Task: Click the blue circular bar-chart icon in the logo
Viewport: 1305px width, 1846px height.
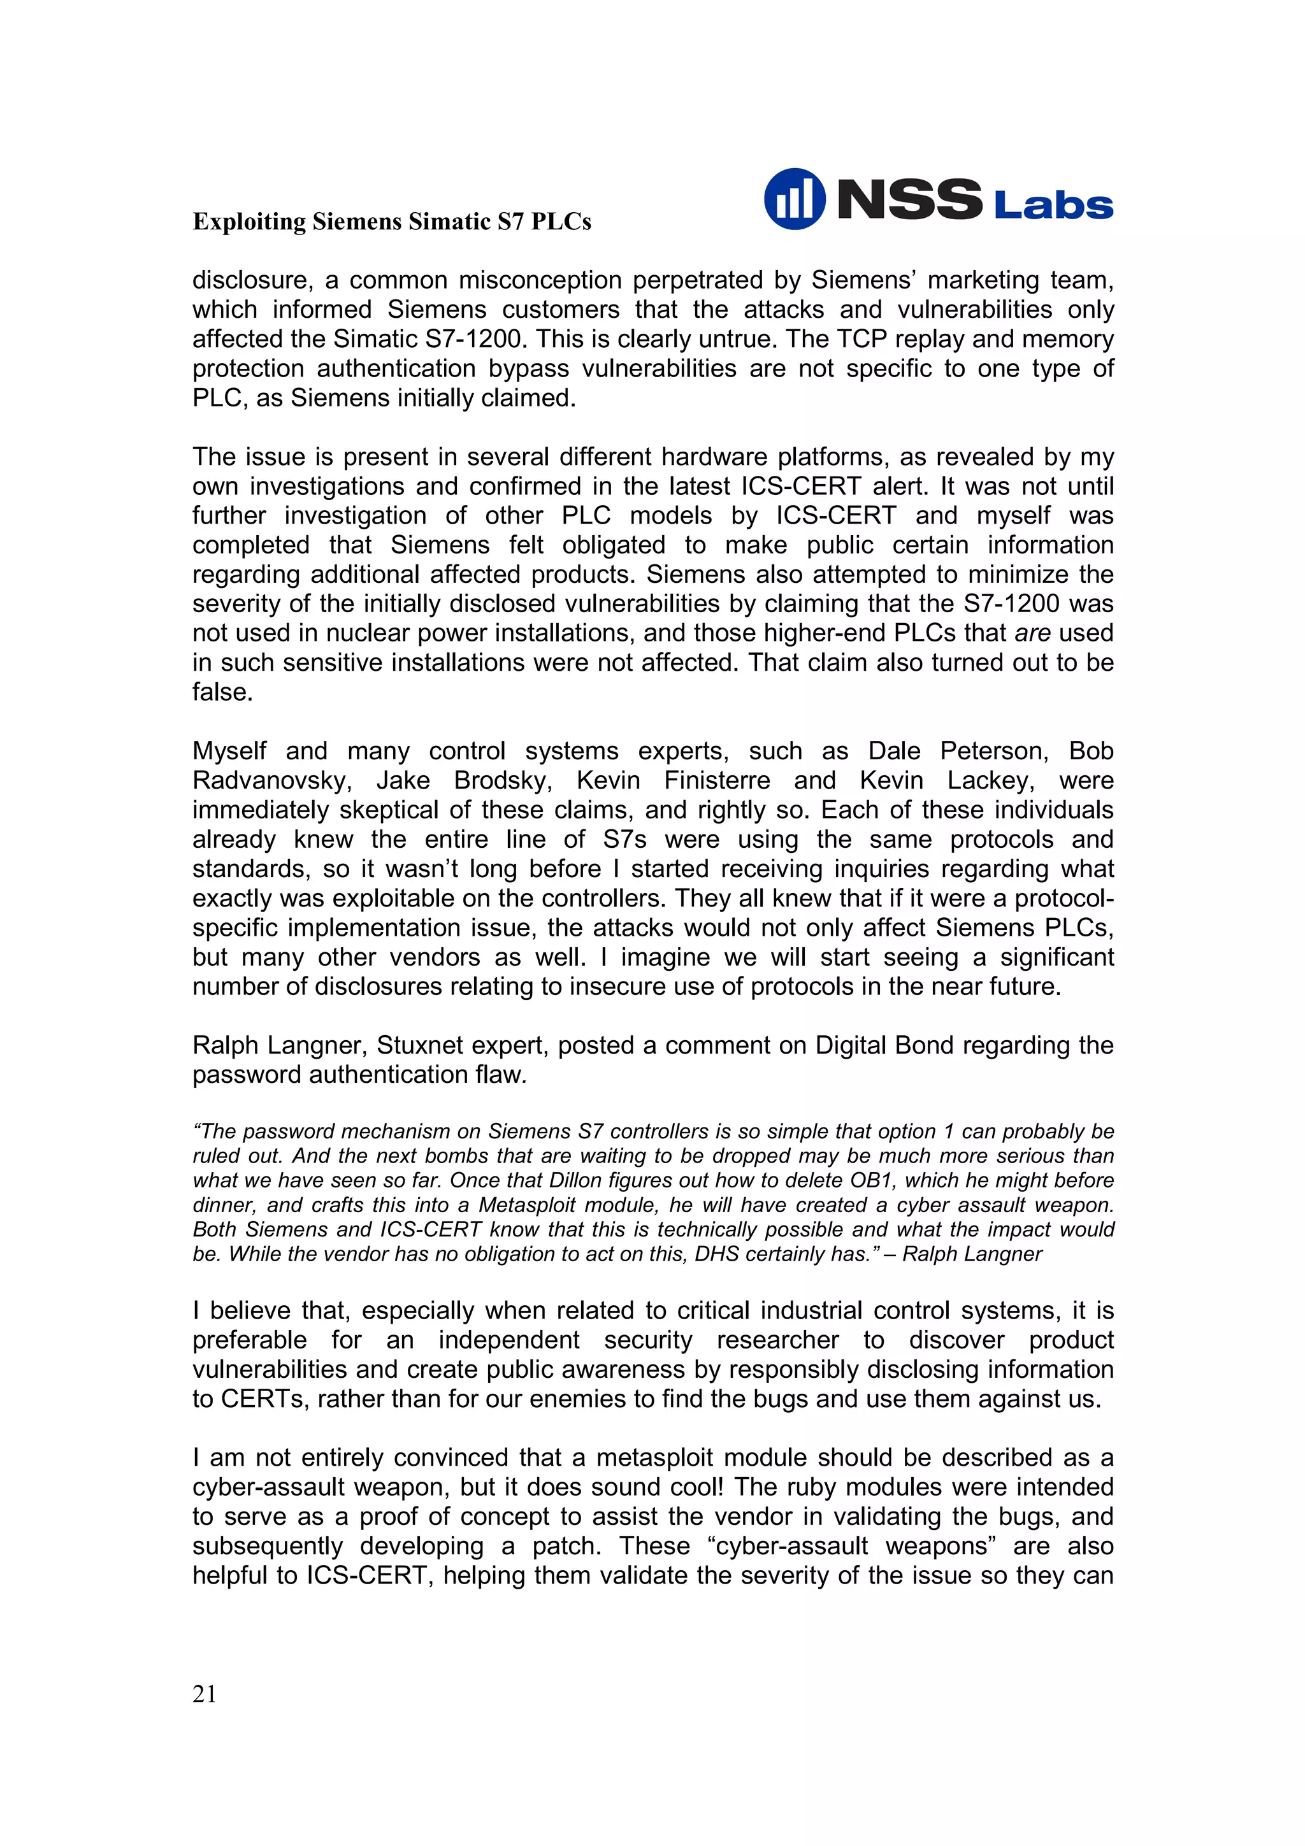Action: pos(793,199)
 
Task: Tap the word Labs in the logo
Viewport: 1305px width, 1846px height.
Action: pos(1053,206)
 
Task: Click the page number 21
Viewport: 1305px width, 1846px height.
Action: pos(205,1695)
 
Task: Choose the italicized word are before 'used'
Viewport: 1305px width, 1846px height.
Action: pos(1032,633)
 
